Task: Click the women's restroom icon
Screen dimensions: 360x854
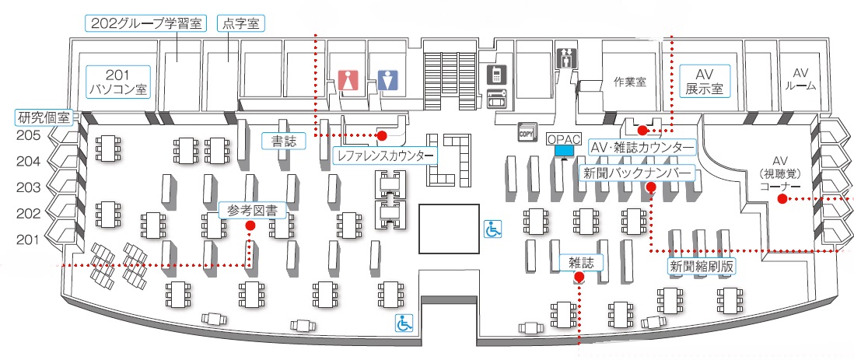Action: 347,80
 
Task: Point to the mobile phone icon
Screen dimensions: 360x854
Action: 494,75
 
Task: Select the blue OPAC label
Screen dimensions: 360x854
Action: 565,139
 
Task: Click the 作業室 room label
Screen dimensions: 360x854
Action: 630,80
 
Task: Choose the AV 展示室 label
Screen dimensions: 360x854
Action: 704,81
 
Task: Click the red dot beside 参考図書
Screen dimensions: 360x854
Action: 250,225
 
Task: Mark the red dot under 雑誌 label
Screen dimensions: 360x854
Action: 578,276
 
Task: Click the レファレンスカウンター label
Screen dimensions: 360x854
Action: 384,156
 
